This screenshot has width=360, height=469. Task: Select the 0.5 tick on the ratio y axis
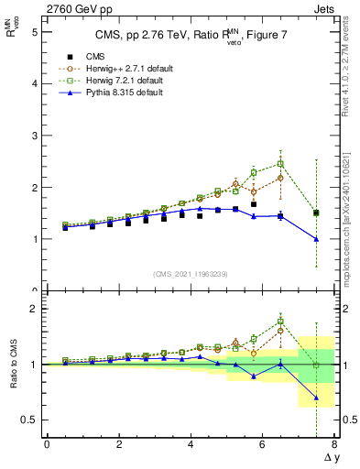click(29, 420)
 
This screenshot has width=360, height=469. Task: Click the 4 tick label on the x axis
click(191, 444)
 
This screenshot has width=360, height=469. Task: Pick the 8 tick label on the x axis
click(334, 444)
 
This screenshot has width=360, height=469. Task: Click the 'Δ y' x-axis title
click(329, 457)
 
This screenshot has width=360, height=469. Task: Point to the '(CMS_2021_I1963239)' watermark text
click(190, 273)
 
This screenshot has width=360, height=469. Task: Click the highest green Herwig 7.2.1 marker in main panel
click(280, 164)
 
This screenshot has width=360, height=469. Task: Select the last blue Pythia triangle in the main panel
click(316, 239)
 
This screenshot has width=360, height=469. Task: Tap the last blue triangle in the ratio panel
click(316, 398)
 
